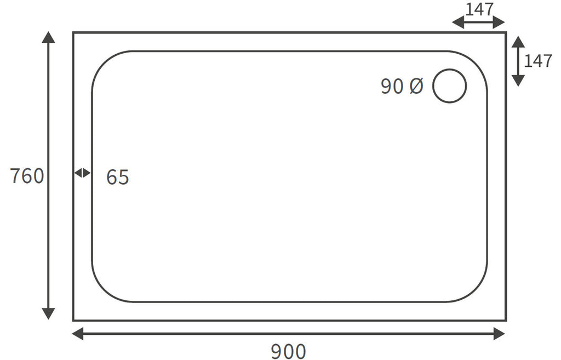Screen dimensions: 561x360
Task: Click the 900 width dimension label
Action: coord(288,351)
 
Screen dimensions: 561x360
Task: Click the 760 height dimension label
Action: coord(27,176)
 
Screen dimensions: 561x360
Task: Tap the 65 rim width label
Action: coord(117,177)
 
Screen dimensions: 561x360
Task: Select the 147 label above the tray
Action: coord(479,9)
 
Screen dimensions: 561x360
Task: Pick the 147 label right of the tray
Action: coord(538,61)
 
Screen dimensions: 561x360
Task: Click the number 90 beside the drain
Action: coord(392,86)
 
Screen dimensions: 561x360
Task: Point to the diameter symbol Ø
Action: coord(416,86)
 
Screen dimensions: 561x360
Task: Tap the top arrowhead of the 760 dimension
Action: coord(48,37)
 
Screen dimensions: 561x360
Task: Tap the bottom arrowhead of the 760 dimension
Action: coord(48,313)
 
